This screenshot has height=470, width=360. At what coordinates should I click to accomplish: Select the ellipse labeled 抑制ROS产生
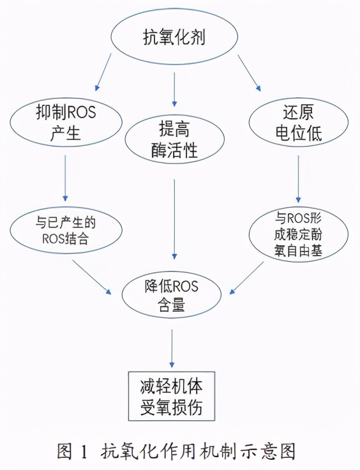tap(66, 121)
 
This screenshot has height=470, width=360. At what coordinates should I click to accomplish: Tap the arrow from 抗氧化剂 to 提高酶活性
tap(174, 89)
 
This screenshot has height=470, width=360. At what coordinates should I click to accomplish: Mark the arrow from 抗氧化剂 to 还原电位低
tap(250, 72)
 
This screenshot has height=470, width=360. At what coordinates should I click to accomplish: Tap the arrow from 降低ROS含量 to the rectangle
tap(172, 348)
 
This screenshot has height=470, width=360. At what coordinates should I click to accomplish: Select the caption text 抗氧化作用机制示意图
tap(199, 451)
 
